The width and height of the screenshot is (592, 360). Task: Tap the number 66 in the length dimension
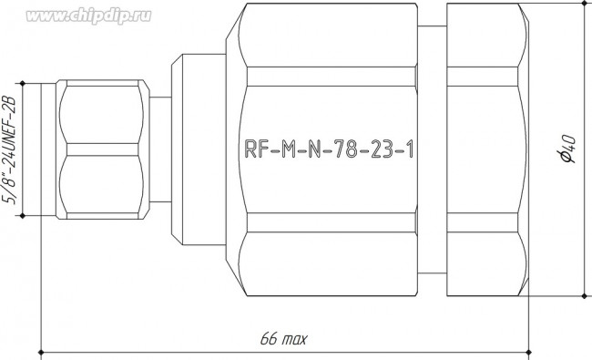(269, 339)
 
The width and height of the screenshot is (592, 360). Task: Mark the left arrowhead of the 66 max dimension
(46, 351)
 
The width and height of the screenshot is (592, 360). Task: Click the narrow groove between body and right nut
(431, 149)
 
